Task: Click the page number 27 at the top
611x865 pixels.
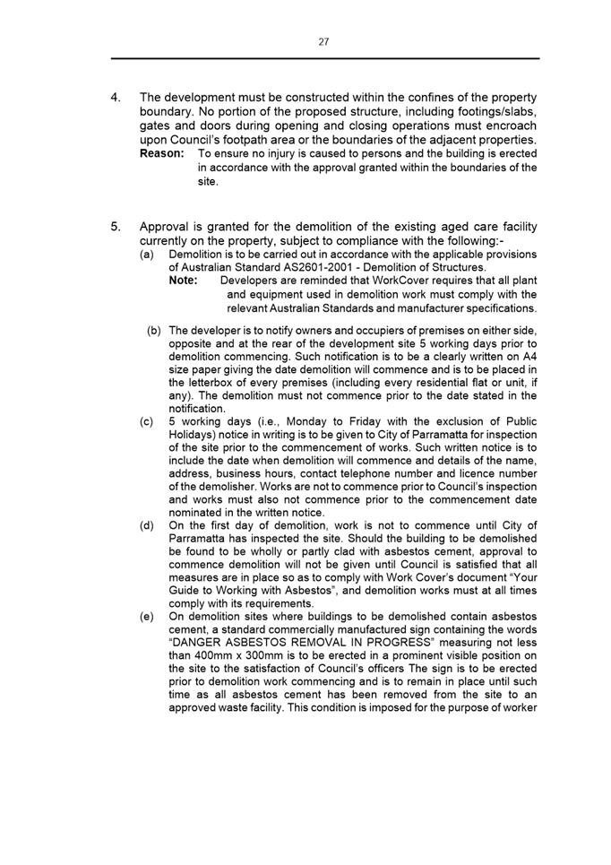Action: pyautogui.click(x=323, y=41)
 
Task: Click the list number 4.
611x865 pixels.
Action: pyautogui.click(x=116, y=98)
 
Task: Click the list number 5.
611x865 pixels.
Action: pyautogui.click(x=116, y=227)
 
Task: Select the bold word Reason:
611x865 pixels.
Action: pyautogui.click(x=162, y=154)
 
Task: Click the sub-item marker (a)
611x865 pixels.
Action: pyautogui.click(x=147, y=255)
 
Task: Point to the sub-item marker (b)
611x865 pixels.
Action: pyautogui.click(x=154, y=330)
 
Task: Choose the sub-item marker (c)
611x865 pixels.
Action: pyautogui.click(x=147, y=420)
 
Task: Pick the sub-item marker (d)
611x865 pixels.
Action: pyautogui.click(x=147, y=525)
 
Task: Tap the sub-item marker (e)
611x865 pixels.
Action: pyautogui.click(x=147, y=617)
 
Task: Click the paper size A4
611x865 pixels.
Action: pyautogui.click(x=528, y=356)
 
